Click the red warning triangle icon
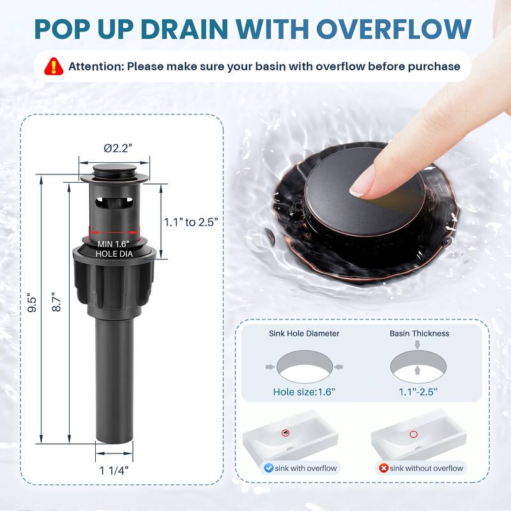[x=54, y=66]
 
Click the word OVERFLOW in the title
[x=394, y=29]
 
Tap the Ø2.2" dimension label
[x=118, y=148]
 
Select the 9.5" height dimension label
[x=32, y=305]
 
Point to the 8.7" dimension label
[x=56, y=301]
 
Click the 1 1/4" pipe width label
[x=114, y=470]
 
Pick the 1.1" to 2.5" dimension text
[x=190, y=222]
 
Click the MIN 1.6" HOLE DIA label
[x=114, y=248]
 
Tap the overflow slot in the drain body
[x=114, y=202]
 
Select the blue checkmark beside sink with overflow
[x=268, y=468]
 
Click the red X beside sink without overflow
[x=384, y=468]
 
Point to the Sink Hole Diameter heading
[x=304, y=333]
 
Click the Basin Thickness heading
[x=420, y=333]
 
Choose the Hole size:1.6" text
[x=304, y=392]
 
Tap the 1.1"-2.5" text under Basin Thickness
[x=418, y=392]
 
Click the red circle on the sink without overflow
[x=413, y=434]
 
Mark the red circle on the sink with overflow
[x=286, y=432]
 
